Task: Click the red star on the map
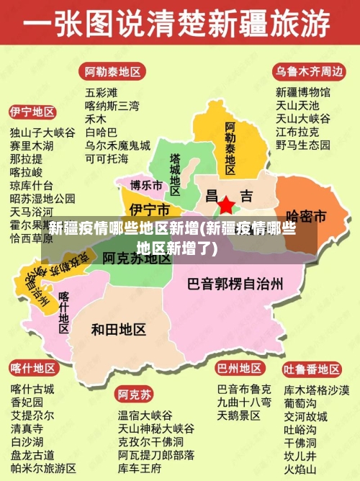(226, 205)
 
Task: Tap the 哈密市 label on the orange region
(307, 216)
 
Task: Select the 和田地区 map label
(119, 329)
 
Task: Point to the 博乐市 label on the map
(146, 186)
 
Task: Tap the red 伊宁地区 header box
(32, 112)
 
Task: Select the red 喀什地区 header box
(32, 368)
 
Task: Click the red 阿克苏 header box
(135, 395)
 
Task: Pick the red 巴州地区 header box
(240, 368)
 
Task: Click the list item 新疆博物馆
(303, 92)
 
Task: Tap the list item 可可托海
(107, 158)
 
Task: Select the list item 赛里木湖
(32, 145)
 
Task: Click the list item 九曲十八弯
(244, 402)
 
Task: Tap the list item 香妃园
(27, 402)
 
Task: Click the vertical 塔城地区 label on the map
(175, 172)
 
